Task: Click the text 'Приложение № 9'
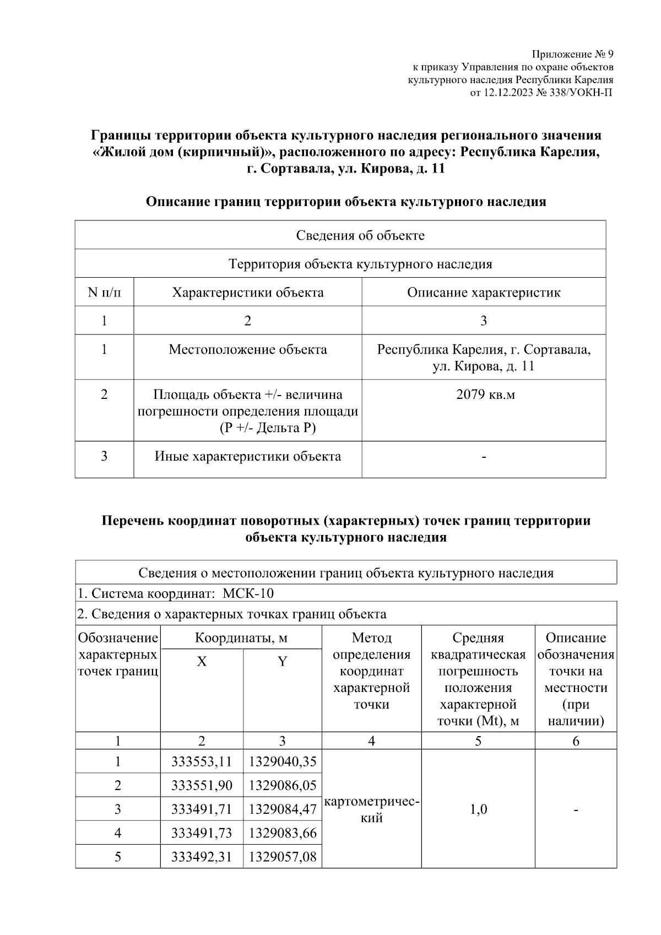point(572,54)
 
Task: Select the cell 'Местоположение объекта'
point(248,349)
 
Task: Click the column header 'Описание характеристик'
point(484,292)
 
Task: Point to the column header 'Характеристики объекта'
point(248,292)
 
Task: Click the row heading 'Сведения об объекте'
point(360,235)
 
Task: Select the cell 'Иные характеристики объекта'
point(248,456)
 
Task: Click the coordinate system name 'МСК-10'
point(248,593)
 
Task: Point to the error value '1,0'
point(478,809)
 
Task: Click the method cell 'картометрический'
point(372,809)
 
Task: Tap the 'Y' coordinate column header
point(282,661)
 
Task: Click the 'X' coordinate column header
point(202,661)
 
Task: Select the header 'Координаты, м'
point(241,638)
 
